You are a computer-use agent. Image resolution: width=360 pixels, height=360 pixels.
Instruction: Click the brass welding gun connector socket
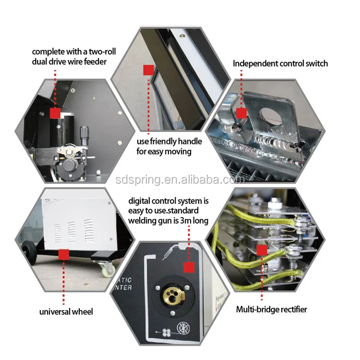(174, 295)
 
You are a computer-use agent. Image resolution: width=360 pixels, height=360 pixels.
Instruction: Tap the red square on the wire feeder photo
(55, 113)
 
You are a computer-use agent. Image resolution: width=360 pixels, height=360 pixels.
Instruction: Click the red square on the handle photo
(148, 70)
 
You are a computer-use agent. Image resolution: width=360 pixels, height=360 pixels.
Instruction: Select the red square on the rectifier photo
(262, 250)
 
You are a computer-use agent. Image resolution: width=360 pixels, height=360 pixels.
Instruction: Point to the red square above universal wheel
(63, 254)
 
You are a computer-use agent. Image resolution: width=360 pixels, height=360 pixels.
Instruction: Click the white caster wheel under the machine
(107, 268)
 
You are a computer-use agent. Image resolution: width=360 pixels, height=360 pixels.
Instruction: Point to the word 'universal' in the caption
(55, 312)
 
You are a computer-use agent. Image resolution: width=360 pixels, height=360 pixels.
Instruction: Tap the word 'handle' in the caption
(190, 142)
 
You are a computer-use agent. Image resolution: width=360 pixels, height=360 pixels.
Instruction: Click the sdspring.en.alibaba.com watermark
(180, 180)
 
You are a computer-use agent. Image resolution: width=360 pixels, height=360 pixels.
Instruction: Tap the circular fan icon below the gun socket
(183, 329)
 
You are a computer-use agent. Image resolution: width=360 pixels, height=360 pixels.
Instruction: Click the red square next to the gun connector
(189, 267)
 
